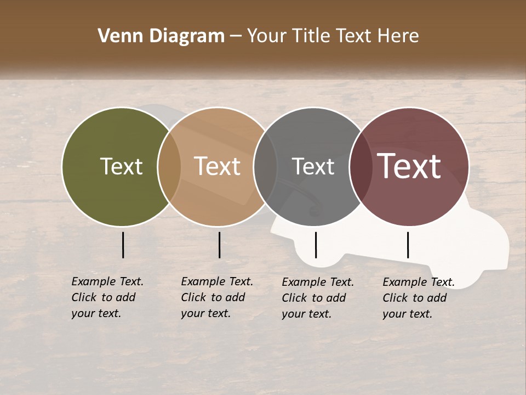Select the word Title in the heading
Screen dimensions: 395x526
(x=311, y=36)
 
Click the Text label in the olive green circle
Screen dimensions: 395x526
(x=121, y=166)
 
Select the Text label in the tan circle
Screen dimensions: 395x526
(x=217, y=166)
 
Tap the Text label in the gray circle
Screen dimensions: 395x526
(x=313, y=166)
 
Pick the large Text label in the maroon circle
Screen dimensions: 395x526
(x=409, y=166)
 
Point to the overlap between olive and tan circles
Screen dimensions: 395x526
(x=169, y=166)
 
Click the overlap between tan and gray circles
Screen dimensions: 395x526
(x=265, y=166)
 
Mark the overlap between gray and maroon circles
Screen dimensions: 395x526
(x=361, y=166)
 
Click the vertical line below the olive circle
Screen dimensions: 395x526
(x=123, y=245)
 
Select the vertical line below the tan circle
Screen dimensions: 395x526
(x=219, y=245)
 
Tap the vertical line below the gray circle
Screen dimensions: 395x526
(x=316, y=245)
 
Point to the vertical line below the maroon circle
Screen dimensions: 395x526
(x=408, y=245)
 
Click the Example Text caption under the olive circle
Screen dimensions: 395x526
(x=107, y=297)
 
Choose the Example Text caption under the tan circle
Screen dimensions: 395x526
(x=216, y=297)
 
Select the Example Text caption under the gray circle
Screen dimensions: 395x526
(x=317, y=298)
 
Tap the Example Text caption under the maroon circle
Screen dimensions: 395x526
(x=418, y=298)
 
